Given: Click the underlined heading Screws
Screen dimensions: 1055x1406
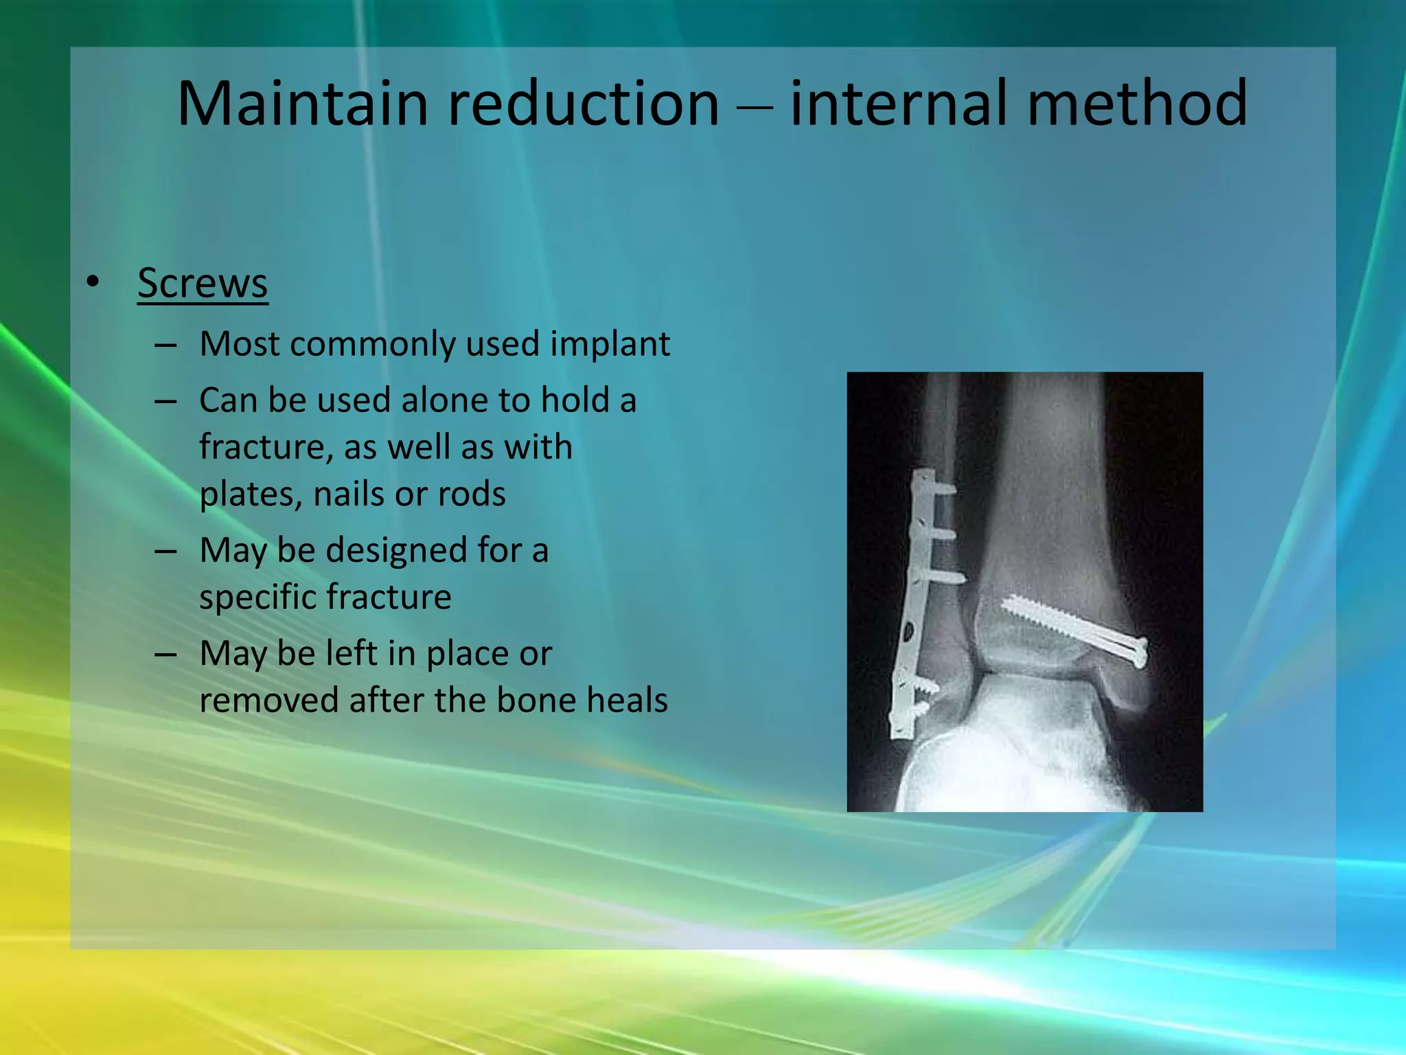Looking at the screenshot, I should point(203,283).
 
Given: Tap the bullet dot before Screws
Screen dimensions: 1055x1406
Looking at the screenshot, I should point(93,282).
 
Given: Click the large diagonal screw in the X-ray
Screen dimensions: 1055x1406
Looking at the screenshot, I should point(1071,628).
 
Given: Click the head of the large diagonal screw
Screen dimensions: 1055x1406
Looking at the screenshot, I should point(1137,653).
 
